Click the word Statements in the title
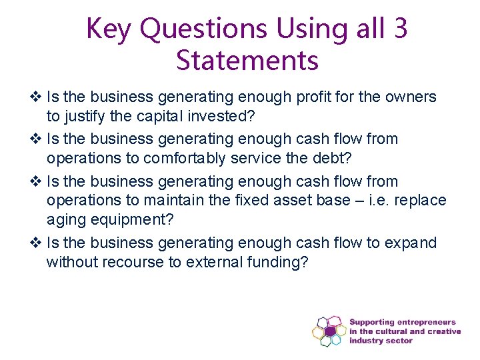click(247, 61)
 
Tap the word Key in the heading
click(110, 29)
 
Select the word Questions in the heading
click(204, 29)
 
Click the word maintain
click(169, 201)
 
